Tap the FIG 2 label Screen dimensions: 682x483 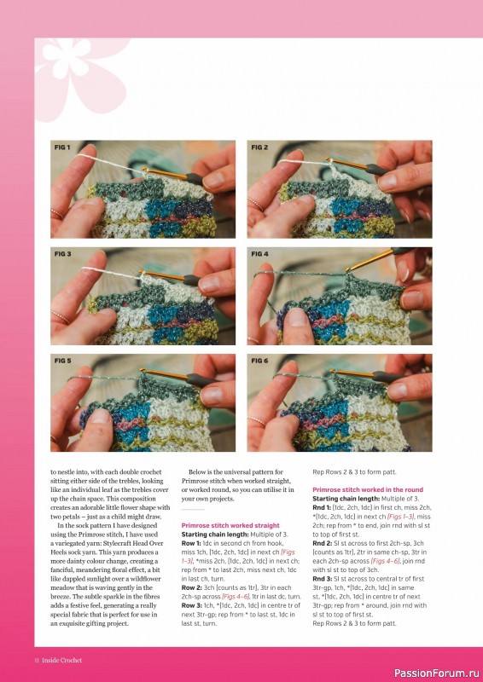click(x=260, y=147)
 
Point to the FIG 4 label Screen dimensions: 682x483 click(x=260, y=254)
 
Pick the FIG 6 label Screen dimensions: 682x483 click(x=260, y=361)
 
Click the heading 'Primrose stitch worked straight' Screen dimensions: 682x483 click(x=230, y=526)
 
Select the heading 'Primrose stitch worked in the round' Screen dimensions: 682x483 click(x=367, y=490)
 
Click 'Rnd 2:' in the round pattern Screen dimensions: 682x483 click(x=324, y=543)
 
